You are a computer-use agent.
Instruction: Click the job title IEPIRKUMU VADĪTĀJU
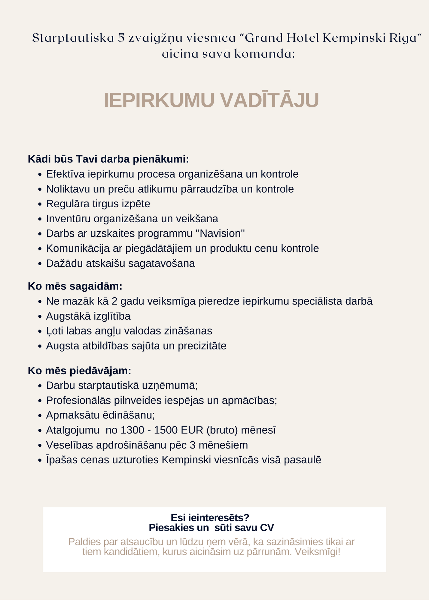tap(211, 100)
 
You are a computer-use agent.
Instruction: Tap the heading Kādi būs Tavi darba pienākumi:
tap(108, 159)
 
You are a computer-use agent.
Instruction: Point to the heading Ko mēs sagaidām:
tap(75, 286)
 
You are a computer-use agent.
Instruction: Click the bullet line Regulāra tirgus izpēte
tap(98, 204)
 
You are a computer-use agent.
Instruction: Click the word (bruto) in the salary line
tap(222, 430)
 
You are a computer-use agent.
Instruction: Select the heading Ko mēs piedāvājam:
tap(79, 370)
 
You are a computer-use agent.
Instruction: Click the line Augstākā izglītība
tap(88, 316)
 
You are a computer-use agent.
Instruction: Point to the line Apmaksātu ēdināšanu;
tap(100, 415)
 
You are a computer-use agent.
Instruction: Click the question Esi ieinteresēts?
tap(210, 517)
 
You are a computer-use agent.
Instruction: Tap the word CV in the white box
tap(267, 528)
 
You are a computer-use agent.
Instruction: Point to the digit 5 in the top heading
tap(121, 38)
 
